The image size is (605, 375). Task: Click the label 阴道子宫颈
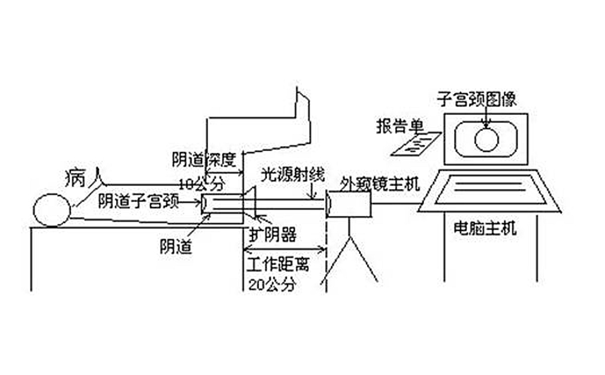[x=139, y=202]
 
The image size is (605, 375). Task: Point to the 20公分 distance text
[x=272, y=284]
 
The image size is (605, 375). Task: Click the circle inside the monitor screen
[x=486, y=139]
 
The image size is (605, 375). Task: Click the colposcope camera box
[x=349, y=204]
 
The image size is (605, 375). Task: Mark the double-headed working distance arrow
[x=284, y=248]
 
